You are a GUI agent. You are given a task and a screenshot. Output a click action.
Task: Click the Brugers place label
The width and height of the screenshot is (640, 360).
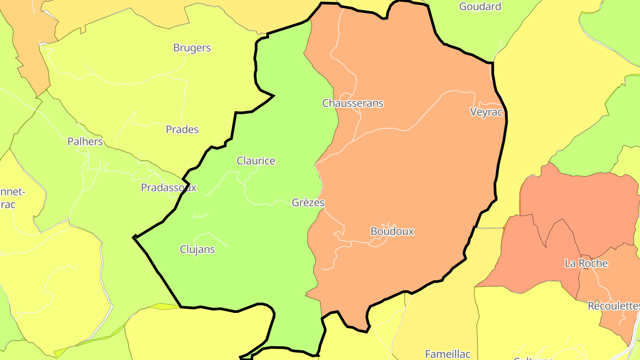[x=192, y=48]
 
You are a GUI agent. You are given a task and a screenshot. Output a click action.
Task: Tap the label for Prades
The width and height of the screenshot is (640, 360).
[x=182, y=130]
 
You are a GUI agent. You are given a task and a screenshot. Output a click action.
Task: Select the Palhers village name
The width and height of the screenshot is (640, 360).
[x=85, y=142]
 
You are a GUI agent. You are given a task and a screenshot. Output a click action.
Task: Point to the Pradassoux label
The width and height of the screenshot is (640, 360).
[x=168, y=188]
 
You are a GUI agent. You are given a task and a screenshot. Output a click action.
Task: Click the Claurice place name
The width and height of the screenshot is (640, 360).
[x=256, y=161]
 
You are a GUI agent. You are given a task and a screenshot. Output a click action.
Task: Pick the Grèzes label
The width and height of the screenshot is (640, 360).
[x=308, y=203]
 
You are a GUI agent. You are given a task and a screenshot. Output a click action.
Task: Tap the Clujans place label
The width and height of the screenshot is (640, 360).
[x=197, y=249]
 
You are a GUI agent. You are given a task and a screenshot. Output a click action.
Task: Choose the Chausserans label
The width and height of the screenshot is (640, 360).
[x=353, y=103]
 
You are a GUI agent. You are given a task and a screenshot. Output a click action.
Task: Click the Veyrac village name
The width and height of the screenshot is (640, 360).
[x=486, y=112]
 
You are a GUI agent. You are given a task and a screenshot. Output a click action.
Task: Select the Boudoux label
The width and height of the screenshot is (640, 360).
[x=392, y=231]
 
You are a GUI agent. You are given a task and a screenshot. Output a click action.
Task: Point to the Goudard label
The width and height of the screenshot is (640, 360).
[x=480, y=7]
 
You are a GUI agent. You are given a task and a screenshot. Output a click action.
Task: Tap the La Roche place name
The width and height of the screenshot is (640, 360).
[x=586, y=263]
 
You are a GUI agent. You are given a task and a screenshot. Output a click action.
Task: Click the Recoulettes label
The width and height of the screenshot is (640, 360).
[x=613, y=306]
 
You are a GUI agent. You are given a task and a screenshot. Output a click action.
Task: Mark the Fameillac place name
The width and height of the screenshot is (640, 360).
[x=448, y=354]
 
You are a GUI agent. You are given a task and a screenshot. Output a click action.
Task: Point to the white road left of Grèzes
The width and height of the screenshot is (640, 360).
[x=267, y=204]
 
